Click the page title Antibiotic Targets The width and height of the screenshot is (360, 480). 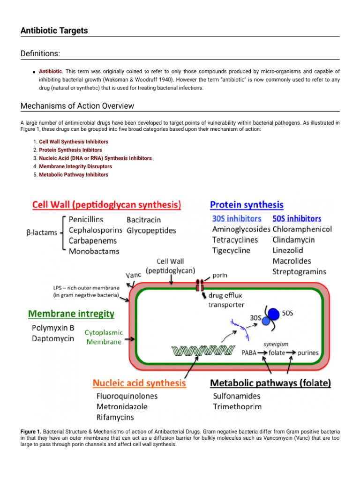pos(54,31)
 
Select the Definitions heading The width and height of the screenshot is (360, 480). pos(40,54)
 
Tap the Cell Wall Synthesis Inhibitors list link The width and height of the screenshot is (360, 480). pos(74,142)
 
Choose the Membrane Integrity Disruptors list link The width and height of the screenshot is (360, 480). pos(75,166)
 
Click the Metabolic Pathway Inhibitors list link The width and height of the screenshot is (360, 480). pos(74,175)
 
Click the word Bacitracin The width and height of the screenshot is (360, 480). pos(143,219)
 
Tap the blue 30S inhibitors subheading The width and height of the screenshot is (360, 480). pos(237,218)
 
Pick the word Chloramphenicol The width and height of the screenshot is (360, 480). pos(302,229)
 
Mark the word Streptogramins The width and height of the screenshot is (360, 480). pos(300,271)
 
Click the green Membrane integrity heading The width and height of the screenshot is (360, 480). pos(71,313)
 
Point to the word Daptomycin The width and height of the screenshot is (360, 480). pos(52,338)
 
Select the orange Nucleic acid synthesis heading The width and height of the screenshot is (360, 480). pos(139,383)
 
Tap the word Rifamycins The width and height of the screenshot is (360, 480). pos(115,417)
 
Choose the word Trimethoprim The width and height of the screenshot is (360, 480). pos(237,406)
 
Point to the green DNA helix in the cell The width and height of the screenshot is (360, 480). pos(202,350)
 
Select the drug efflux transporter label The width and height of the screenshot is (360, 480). pos(226,300)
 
